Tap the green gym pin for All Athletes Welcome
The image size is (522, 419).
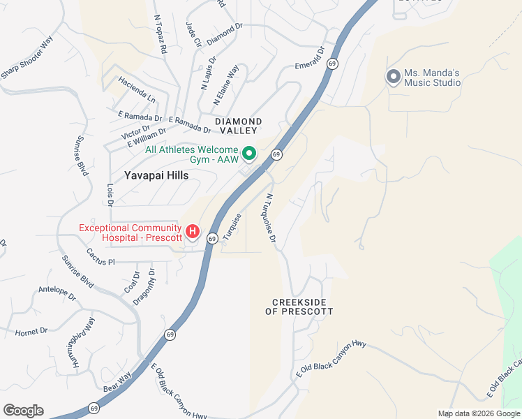point(248,152)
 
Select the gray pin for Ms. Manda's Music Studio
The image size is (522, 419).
point(393,76)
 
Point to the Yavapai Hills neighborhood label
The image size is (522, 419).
point(156,176)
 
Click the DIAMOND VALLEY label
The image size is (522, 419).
point(238,126)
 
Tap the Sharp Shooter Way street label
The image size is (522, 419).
point(27,57)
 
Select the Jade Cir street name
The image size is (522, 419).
point(192,34)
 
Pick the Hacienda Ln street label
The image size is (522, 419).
point(136,84)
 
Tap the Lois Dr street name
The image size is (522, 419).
point(110,196)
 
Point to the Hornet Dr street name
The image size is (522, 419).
point(31,330)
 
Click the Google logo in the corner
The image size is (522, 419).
point(23,411)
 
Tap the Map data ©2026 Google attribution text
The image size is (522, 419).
point(478,413)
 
